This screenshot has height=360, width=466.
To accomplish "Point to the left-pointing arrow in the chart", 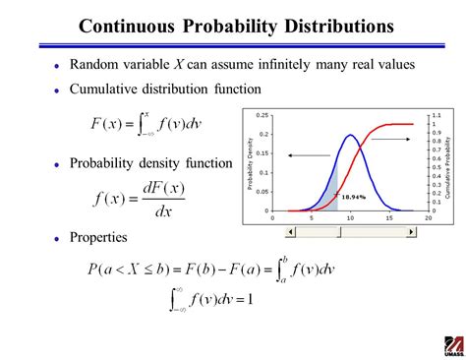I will pos(308,153).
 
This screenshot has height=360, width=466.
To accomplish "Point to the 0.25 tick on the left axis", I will pos(263,115).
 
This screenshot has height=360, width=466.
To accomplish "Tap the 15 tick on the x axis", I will pos(389,217).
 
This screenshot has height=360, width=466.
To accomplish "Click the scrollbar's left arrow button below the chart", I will pos(288,232).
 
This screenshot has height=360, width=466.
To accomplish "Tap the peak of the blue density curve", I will pos(348,135).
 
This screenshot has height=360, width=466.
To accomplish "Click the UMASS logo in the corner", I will pos(451,344).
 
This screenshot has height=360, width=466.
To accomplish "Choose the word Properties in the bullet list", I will pos(98,237).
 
